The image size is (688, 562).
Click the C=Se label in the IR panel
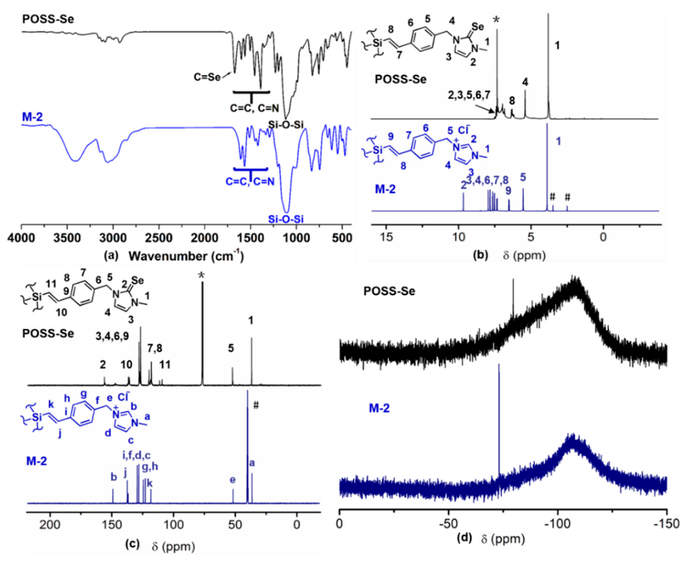[207, 77]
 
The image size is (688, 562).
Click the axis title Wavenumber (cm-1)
[186, 256]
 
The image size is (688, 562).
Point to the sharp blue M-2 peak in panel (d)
[499, 421]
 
